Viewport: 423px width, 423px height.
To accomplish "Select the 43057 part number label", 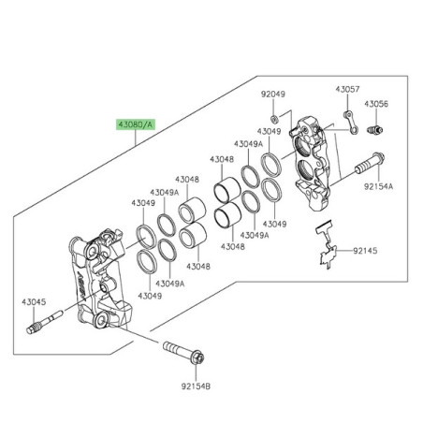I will point(347,89).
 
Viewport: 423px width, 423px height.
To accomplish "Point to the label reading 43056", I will point(378,104).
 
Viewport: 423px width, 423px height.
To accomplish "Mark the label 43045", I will point(34,301).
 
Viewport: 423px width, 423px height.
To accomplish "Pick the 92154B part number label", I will point(196,385).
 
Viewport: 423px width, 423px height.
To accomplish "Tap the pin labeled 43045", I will point(45,327).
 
